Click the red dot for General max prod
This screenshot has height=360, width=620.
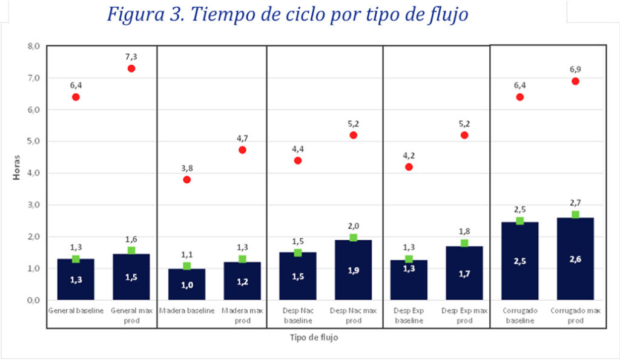click(131, 68)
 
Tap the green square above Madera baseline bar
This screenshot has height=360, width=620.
click(186, 266)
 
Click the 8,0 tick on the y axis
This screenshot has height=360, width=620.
click(33, 46)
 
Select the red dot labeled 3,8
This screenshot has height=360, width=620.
click(186, 180)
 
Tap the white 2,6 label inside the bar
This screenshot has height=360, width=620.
click(575, 258)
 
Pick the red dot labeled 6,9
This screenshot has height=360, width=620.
click(575, 81)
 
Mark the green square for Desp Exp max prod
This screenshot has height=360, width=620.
click(464, 243)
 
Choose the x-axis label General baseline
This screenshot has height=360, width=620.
click(76, 311)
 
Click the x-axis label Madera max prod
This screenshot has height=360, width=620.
click(242, 315)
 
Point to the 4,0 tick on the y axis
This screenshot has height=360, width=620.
click(33, 173)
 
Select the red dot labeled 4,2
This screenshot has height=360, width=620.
click(409, 167)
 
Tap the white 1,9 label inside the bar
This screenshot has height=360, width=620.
click(353, 270)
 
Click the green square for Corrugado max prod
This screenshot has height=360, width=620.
click(575, 215)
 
